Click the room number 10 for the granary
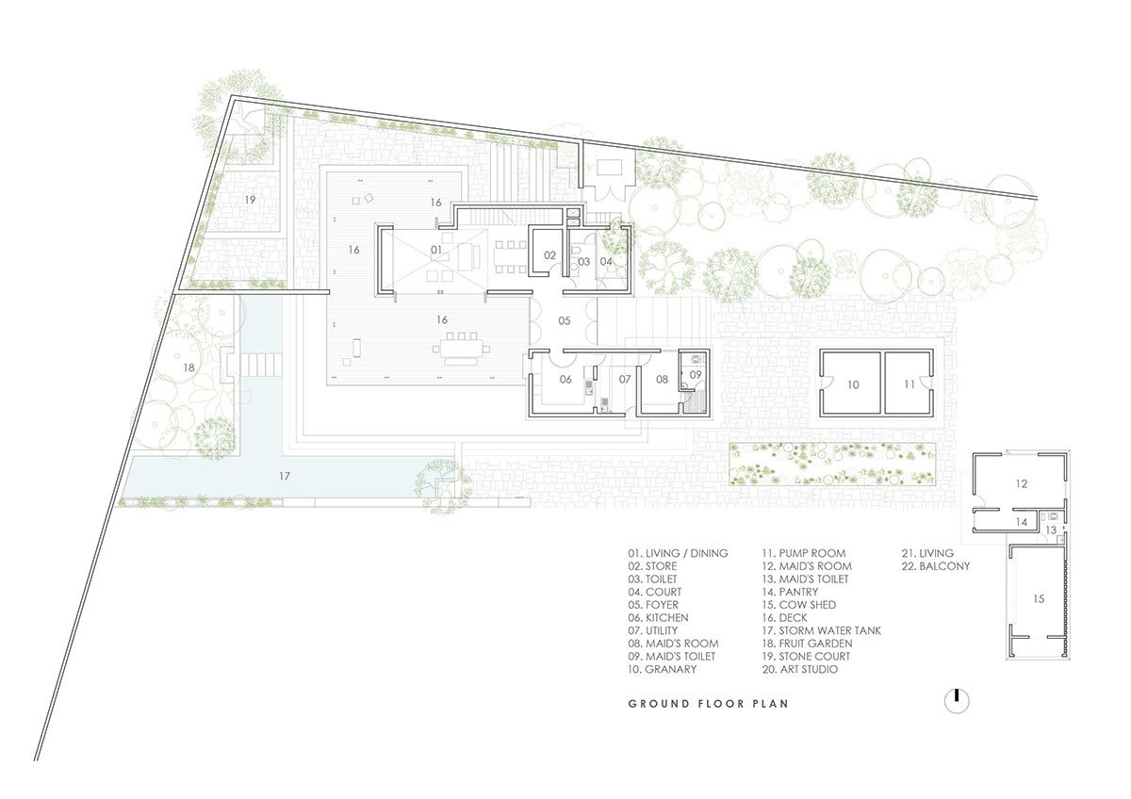(852, 384)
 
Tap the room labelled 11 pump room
(909, 384)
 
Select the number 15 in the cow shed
(1038, 598)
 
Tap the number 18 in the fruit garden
(188, 367)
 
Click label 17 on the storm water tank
(285, 476)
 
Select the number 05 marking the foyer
(564, 321)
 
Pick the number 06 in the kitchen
(565, 379)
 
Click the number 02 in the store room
(550, 254)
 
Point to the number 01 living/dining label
(435, 250)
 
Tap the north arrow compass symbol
(957, 701)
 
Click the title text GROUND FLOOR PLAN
(708, 703)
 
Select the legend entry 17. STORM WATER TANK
(821, 630)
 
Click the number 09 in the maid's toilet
(696, 375)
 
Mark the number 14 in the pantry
(1020, 521)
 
